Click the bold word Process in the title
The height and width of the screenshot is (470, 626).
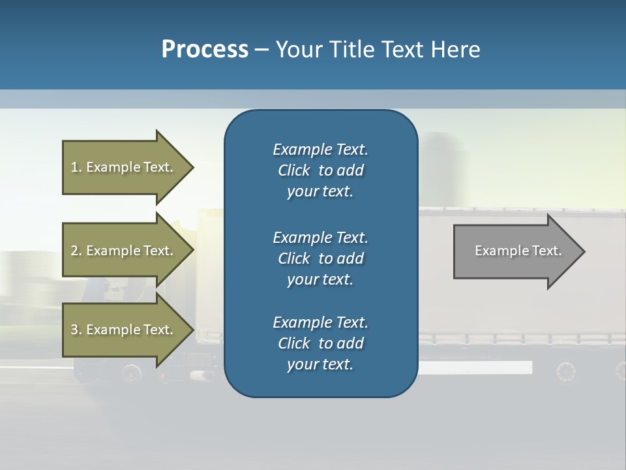pyautogui.click(x=205, y=50)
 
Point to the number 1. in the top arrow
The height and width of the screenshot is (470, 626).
pyautogui.click(x=76, y=167)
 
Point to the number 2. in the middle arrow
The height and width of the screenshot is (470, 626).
pyautogui.click(x=76, y=251)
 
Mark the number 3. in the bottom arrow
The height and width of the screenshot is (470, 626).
pyautogui.click(x=76, y=330)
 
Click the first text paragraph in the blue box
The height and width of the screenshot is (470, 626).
pyautogui.click(x=320, y=170)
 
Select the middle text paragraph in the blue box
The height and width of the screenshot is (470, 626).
pyautogui.click(x=320, y=258)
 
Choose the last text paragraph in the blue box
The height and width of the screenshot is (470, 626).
pyautogui.click(x=320, y=343)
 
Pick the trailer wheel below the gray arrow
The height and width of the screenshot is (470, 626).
pyautogui.click(x=566, y=372)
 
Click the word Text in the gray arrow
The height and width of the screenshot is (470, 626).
pyautogui.click(x=547, y=251)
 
